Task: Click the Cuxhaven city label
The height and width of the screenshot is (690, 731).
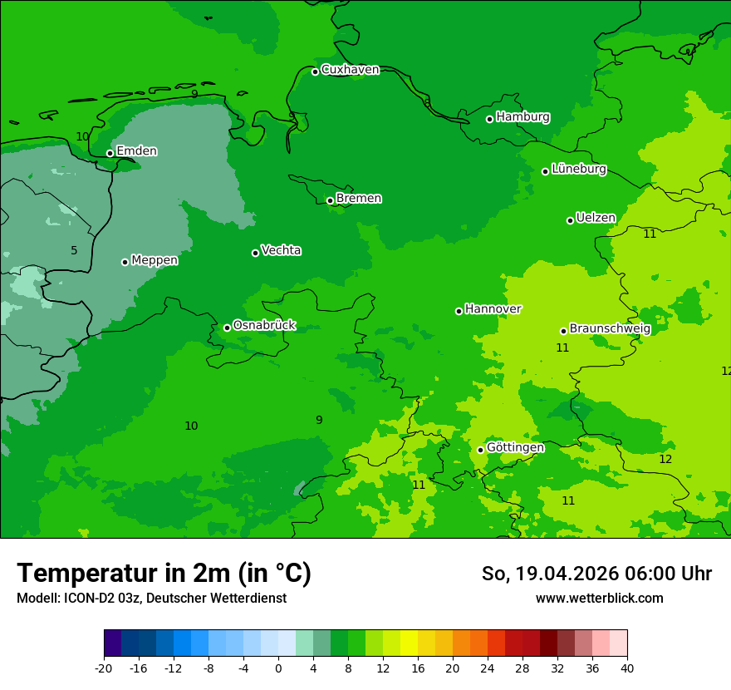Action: (350, 70)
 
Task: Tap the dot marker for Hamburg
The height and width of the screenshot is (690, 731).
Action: (490, 119)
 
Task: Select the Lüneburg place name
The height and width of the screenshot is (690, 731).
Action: (579, 170)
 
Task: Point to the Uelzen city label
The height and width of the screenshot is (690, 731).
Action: (596, 219)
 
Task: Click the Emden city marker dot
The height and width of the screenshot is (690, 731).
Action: (110, 153)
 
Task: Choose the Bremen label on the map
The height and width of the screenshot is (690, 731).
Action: (359, 199)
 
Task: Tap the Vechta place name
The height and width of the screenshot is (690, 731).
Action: (281, 251)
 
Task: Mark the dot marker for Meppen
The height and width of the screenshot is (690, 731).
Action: (125, 262)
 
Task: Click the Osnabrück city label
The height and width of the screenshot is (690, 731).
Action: (264, 326)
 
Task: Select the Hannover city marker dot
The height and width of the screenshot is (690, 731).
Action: (459, 311)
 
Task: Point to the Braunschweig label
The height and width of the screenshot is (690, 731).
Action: (610, 329)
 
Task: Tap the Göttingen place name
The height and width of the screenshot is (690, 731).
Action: (515, 448)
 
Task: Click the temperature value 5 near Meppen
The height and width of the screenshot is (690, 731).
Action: (74, 250)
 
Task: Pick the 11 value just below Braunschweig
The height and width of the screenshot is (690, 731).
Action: (562, 347)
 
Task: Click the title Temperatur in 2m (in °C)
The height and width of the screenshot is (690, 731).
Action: (164, 573)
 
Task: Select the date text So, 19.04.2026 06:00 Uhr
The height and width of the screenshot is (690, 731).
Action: (596, 574)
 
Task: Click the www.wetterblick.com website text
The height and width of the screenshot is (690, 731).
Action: (599, 599)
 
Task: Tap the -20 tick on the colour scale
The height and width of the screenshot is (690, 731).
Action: (104, 668)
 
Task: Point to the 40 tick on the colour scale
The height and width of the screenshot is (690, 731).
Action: (627, 668)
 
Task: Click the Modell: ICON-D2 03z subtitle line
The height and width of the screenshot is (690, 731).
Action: (151, 599)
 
